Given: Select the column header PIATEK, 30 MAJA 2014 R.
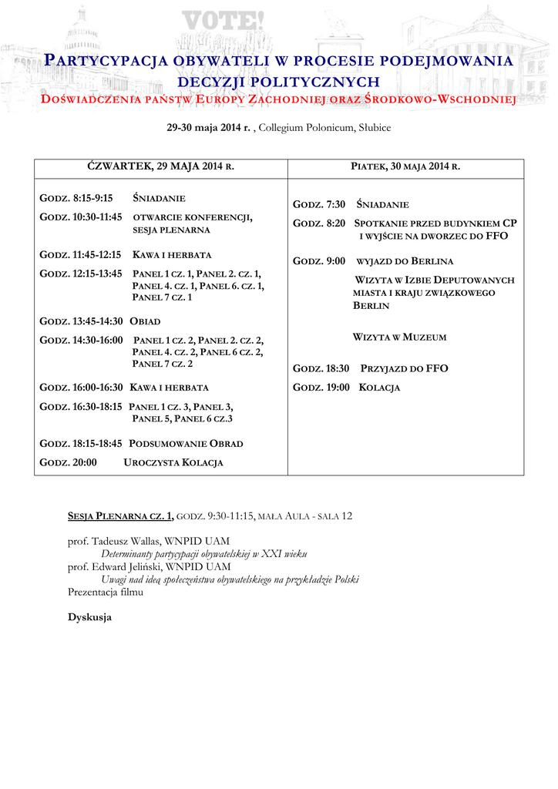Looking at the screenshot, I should (405, 166).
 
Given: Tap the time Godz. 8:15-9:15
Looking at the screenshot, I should (76, 199).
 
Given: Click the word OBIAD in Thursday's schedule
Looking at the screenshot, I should (145, 321).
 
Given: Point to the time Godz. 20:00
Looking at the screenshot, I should (68, 462).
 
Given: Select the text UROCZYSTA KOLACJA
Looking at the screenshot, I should (173, 462).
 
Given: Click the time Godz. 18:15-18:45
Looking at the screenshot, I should (82, 444).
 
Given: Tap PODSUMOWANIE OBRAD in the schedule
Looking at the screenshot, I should (186, 444).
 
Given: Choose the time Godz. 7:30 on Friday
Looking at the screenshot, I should (319, 205).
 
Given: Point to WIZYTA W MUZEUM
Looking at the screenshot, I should (399, 337).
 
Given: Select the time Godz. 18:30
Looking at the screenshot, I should (321, 369).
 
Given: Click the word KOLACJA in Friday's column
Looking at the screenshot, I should (379, 388).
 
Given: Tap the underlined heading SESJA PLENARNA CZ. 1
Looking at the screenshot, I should (121, 515).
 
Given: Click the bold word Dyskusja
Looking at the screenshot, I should (89, 617).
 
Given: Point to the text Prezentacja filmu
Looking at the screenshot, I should (106, 592).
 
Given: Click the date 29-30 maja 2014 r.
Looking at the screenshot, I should (208, 127).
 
